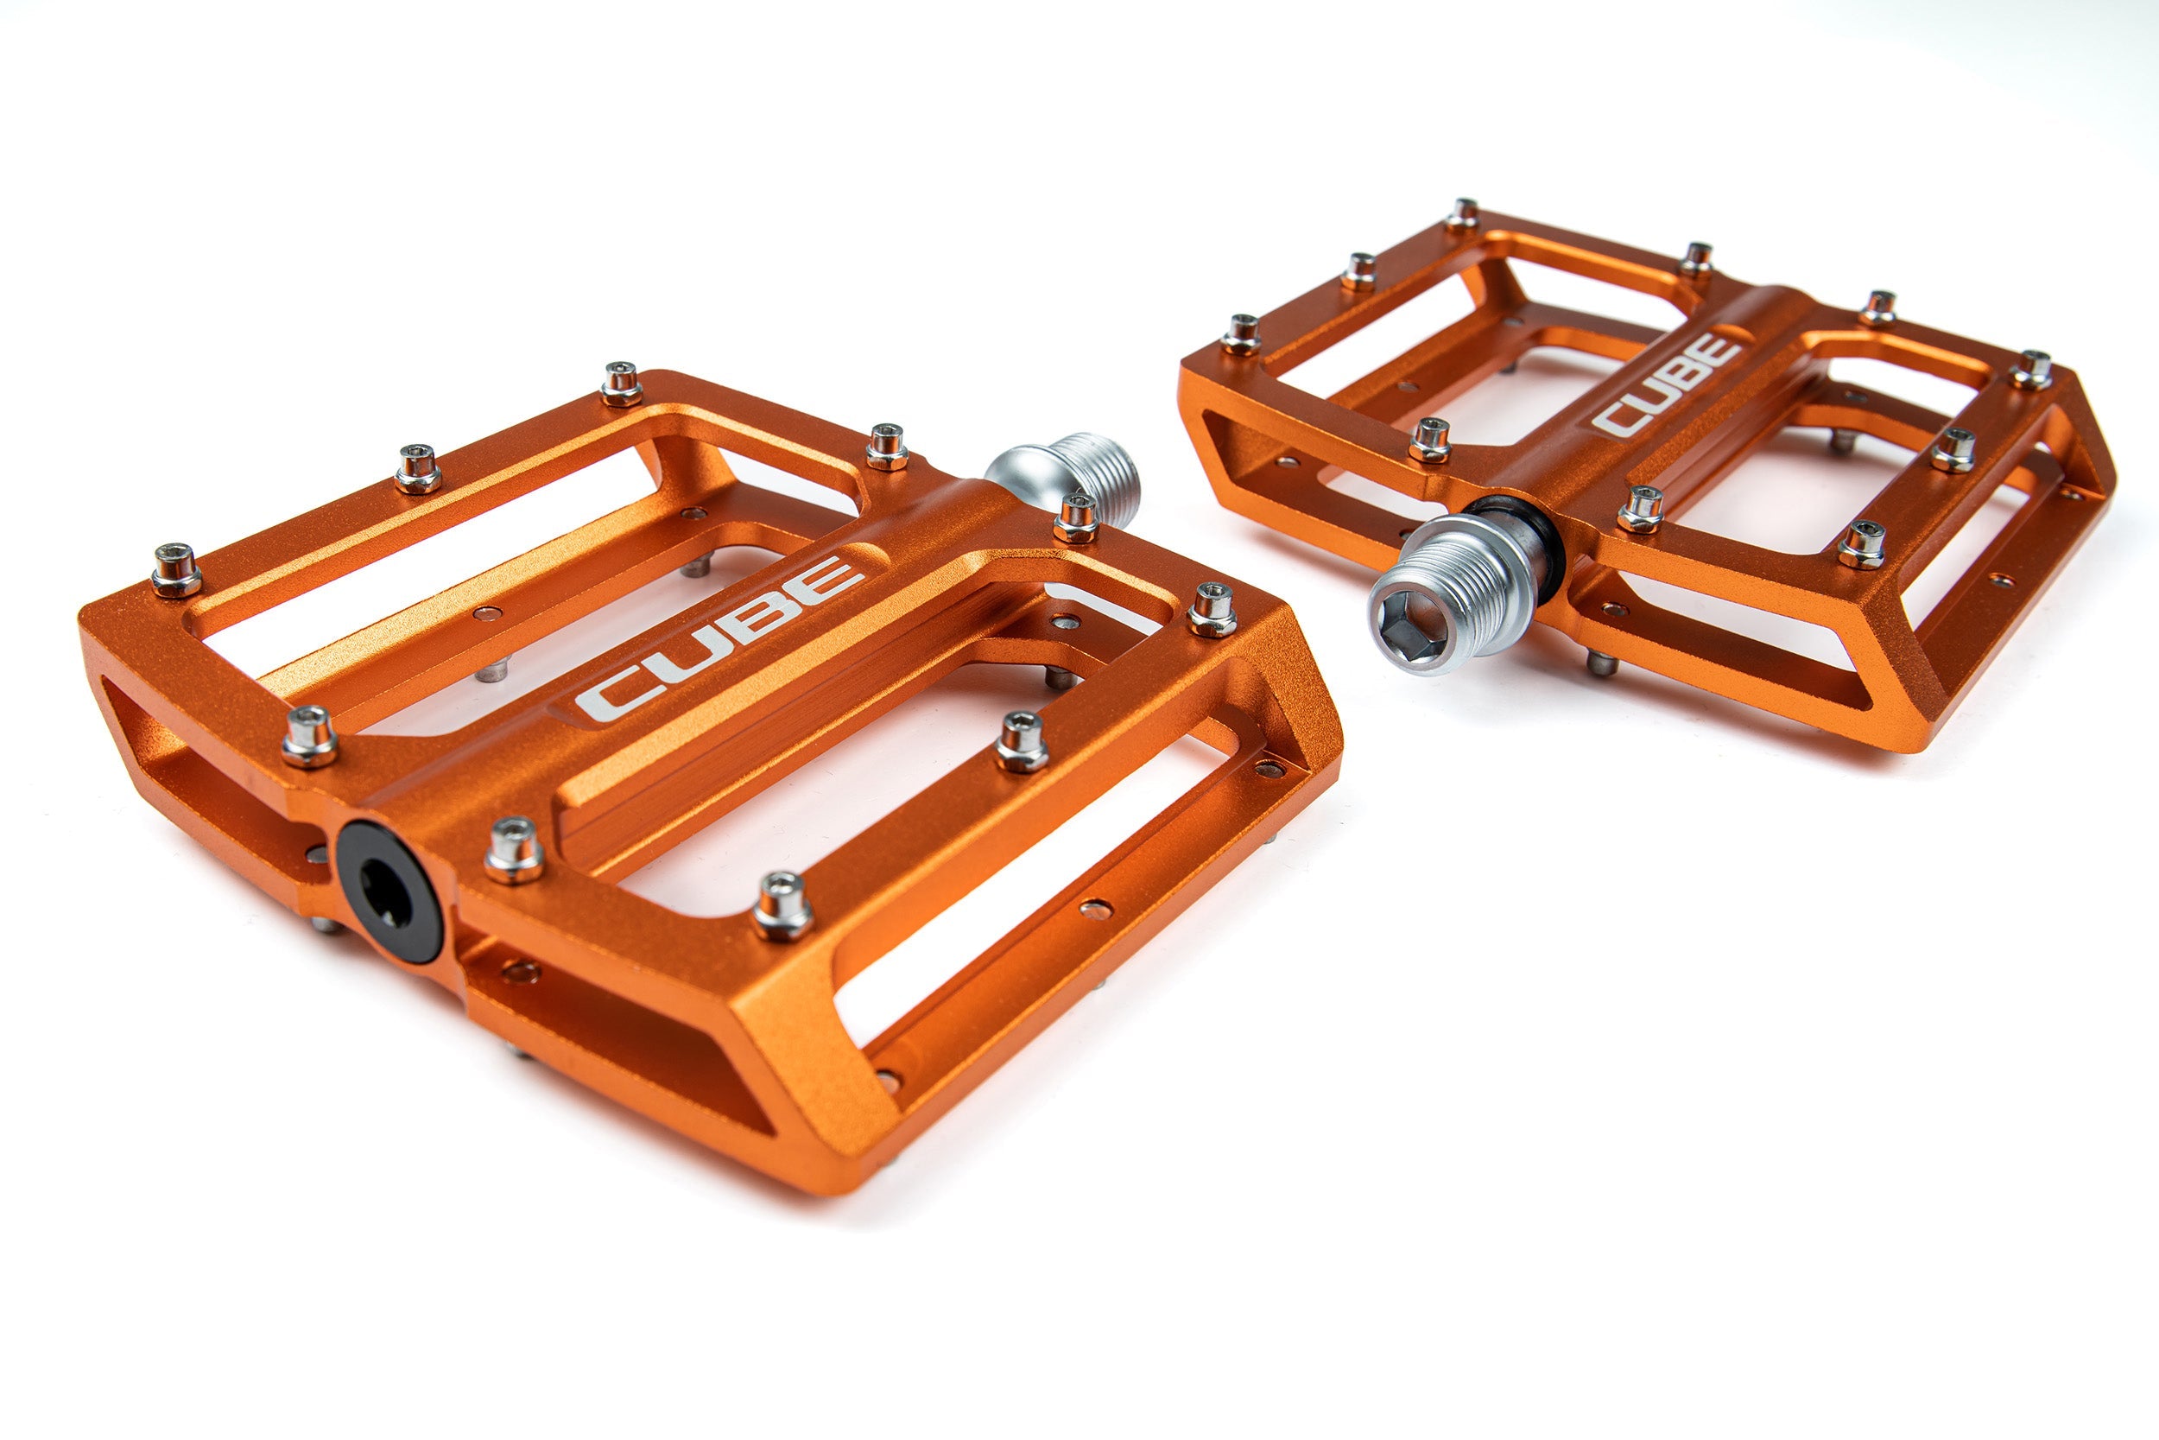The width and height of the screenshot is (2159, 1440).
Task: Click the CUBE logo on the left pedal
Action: (719, 638)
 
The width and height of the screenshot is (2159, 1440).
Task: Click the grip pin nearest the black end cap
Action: (513, 849)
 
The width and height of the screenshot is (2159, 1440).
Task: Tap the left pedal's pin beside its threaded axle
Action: (1075, 518)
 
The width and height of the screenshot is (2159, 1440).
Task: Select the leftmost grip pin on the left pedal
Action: (176, 568)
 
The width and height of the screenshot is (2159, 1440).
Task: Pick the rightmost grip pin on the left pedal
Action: (1212, 609)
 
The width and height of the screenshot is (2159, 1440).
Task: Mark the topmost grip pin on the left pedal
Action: (622, 383)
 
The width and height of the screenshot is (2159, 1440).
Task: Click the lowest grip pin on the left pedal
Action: (782, 905)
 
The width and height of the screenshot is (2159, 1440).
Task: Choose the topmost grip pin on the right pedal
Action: (1462, 214)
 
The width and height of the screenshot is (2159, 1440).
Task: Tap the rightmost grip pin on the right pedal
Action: (2031, 369)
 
